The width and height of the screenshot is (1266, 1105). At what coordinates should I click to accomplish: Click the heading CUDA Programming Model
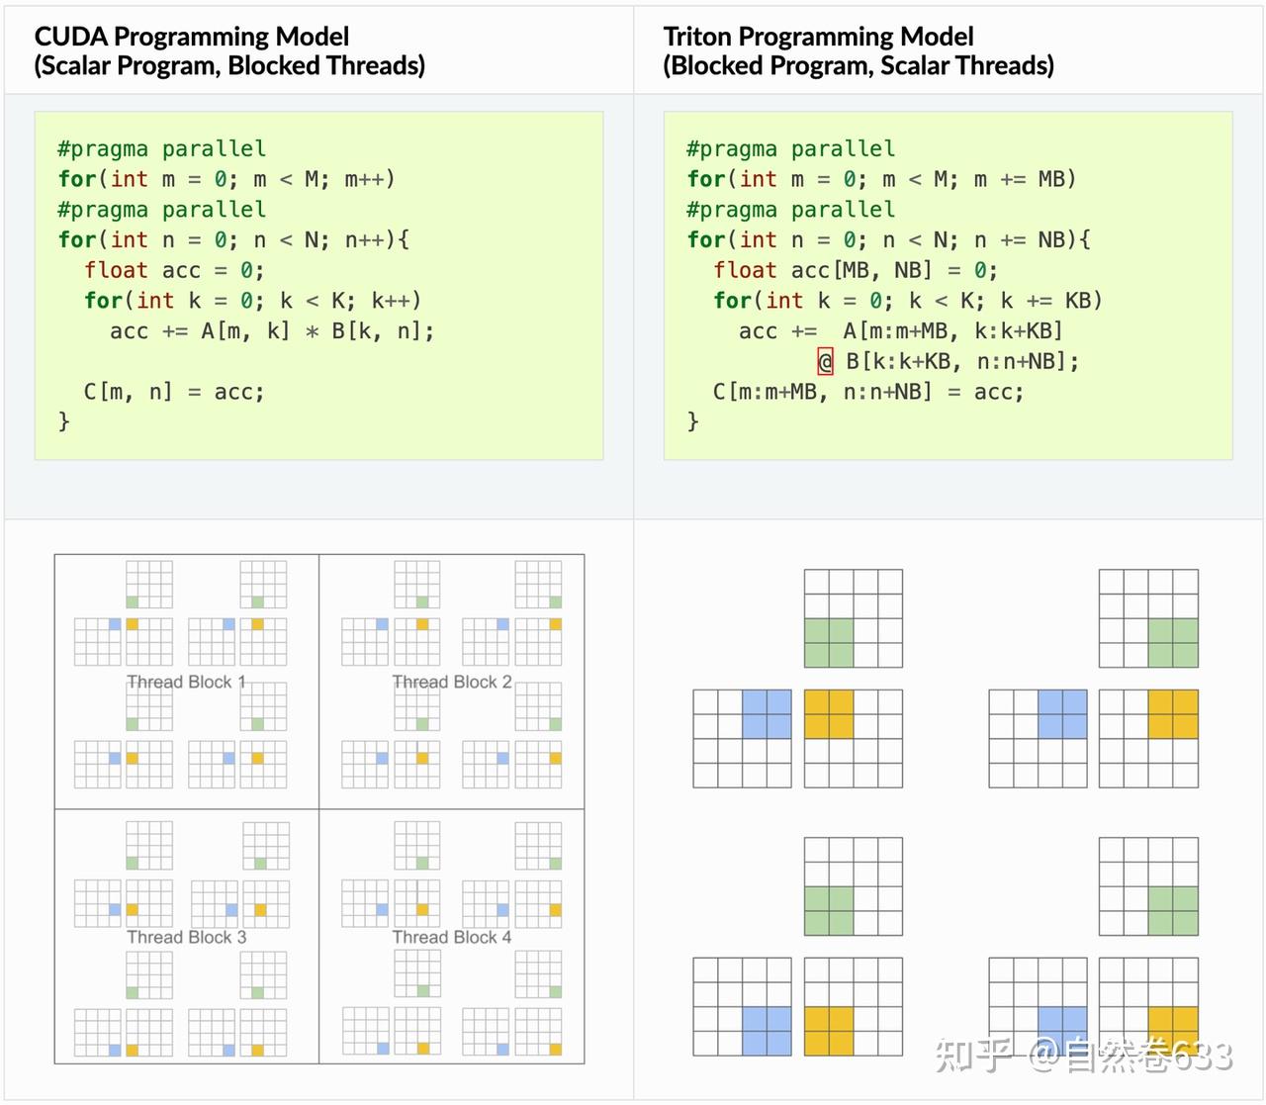(x=191, y=37)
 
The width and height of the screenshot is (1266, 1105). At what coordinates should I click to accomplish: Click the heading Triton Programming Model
(x=818, y=37)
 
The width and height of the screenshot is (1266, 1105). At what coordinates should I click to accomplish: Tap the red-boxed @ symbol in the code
(x=825, y=361)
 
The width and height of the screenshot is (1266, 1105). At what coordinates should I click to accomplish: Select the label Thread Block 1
(x=186, y=682)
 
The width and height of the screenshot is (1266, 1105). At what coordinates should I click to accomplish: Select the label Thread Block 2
(x=452, y=682)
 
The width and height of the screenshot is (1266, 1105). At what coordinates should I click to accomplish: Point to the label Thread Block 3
(x=186, y=937)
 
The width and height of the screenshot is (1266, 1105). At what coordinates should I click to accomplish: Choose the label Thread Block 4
(x=452, y=937)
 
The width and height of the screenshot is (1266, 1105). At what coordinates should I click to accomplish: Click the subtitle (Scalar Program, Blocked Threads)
(x=229, y=66)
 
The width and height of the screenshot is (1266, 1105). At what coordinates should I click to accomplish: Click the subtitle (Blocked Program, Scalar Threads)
(x=858, y=66)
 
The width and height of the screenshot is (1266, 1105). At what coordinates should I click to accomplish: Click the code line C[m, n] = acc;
(x=174, y=392)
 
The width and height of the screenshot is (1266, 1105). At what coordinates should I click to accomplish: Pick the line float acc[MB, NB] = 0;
(x=855, y=270)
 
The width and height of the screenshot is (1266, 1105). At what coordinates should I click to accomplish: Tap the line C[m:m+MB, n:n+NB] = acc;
(x=867, y=392)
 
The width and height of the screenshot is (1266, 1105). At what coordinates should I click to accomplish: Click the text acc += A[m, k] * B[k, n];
(x=271, y=330)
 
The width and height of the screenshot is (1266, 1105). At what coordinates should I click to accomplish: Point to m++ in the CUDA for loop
(x=368, y=179)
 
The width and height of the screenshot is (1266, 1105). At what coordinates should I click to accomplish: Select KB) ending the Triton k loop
(x=1083, y=300)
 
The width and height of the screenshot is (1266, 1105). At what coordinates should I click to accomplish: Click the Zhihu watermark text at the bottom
(x=1084, y=1056)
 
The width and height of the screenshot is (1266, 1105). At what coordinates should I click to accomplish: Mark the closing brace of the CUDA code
(x=64, y=421)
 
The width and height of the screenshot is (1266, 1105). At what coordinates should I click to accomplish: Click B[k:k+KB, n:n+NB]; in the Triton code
(x=961, y=361)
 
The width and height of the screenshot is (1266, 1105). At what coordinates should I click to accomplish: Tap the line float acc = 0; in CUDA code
(x=174, y=270)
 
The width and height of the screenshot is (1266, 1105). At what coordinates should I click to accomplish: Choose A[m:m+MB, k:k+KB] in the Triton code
(x=952, y=330)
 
